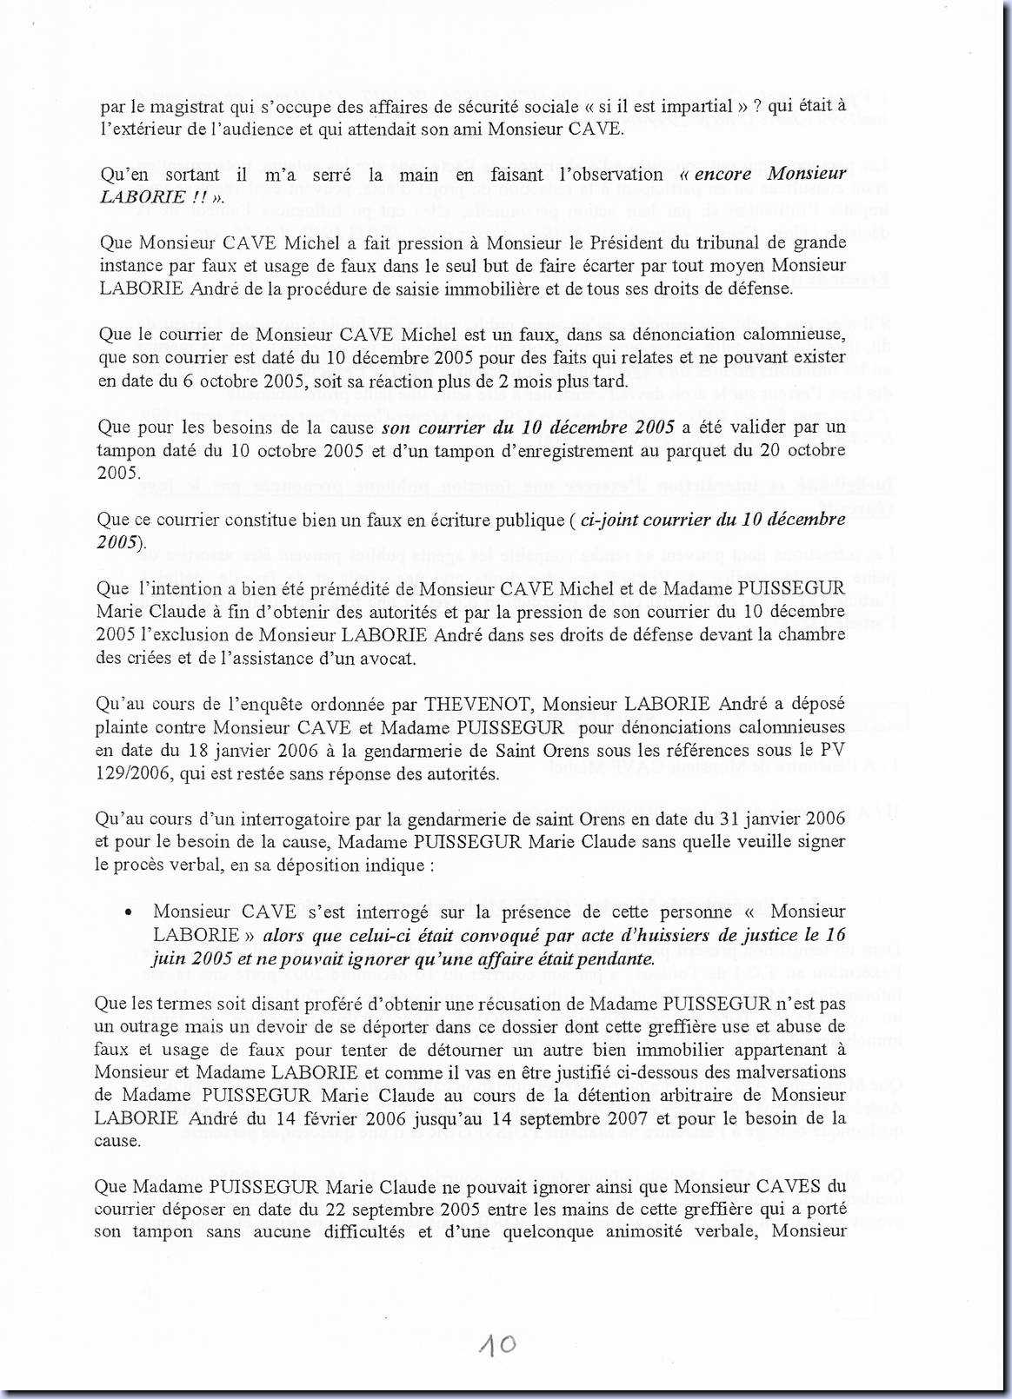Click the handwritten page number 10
(496, 1345)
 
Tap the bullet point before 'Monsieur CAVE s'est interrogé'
(129, 912)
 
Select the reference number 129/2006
(132, 773)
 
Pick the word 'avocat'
(386, 658)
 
